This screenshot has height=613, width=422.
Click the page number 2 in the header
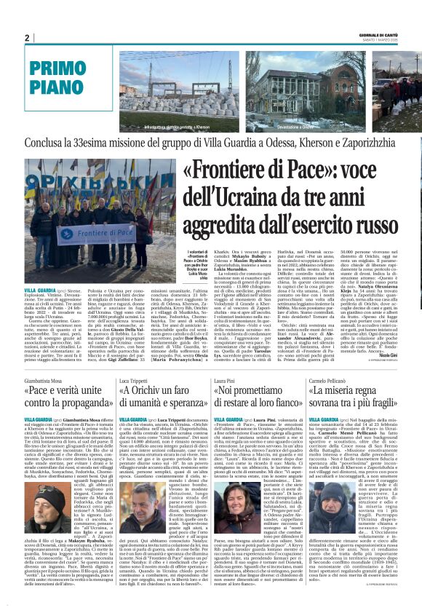pyautogui.click(x=27, y=38)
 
